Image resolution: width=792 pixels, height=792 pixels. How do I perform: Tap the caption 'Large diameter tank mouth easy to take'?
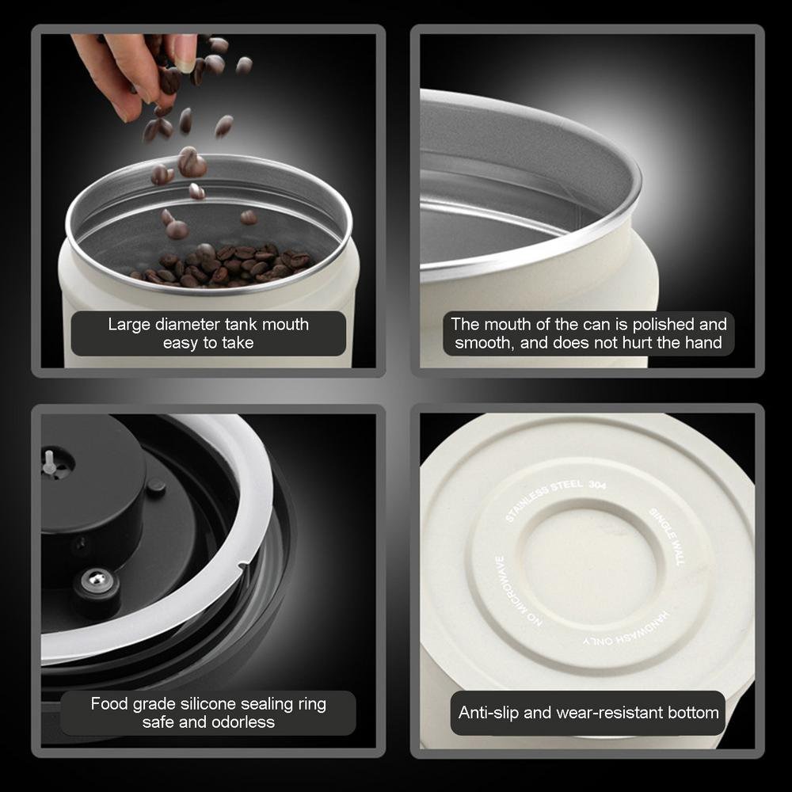pos(208,333)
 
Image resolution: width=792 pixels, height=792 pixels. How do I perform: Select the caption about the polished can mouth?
pos(588,333)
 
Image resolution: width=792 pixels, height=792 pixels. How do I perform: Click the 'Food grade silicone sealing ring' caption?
pos(208,713)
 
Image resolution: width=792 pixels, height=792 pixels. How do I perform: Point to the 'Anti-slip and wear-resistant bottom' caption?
pos(588,712)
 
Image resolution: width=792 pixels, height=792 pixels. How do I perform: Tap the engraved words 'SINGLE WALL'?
pos(664,535)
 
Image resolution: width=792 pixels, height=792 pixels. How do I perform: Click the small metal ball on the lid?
pos(98,580)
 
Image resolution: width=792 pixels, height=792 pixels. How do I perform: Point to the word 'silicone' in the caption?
pos(209,703)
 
